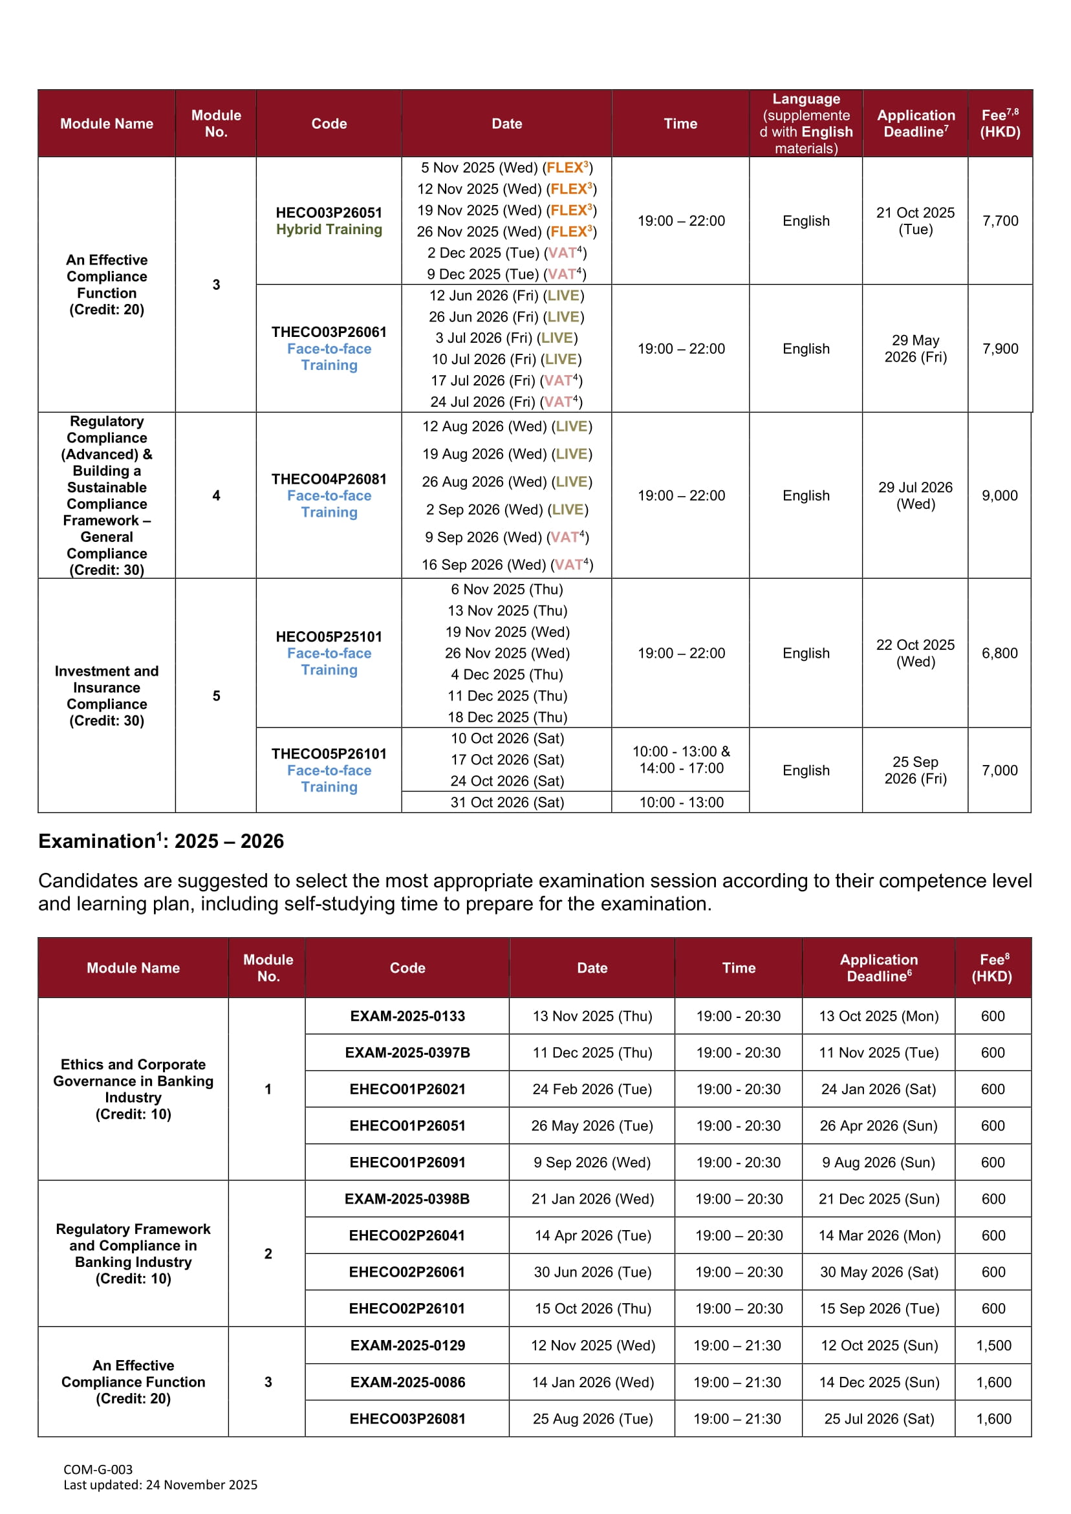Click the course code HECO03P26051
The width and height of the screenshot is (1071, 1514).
coord(329,212)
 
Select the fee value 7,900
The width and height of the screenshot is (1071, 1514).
coord(1000,349)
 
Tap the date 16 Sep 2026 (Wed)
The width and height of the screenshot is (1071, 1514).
coord(506,565)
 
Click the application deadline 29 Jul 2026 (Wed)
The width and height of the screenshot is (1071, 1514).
coord(914,495)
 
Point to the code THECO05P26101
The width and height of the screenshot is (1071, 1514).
coord(329,753)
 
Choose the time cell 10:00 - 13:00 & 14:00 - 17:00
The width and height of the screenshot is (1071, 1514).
coord(680,760)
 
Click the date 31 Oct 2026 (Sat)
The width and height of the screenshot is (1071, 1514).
coord(506,803)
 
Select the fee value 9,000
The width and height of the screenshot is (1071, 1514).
coord(999,495)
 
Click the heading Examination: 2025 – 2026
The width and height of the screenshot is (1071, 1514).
coord(161,841)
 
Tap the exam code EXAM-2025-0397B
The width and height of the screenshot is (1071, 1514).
coord(407,1052)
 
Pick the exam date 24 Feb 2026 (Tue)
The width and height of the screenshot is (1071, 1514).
coord(592,1089)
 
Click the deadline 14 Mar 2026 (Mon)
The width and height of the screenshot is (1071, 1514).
coord(879,1236)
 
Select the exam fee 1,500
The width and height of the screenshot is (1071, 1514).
coord(993,1345)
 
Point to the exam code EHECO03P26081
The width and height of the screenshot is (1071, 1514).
coord(407,1418)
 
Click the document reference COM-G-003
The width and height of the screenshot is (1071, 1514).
coord(98,1469)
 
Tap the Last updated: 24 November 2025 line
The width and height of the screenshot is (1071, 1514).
coord(160,1484)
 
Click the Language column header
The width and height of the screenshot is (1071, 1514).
coord(805,124)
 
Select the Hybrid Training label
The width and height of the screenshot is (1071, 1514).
coord(329,230)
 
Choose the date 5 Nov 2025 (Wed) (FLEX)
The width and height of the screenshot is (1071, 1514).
coord(506,168)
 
